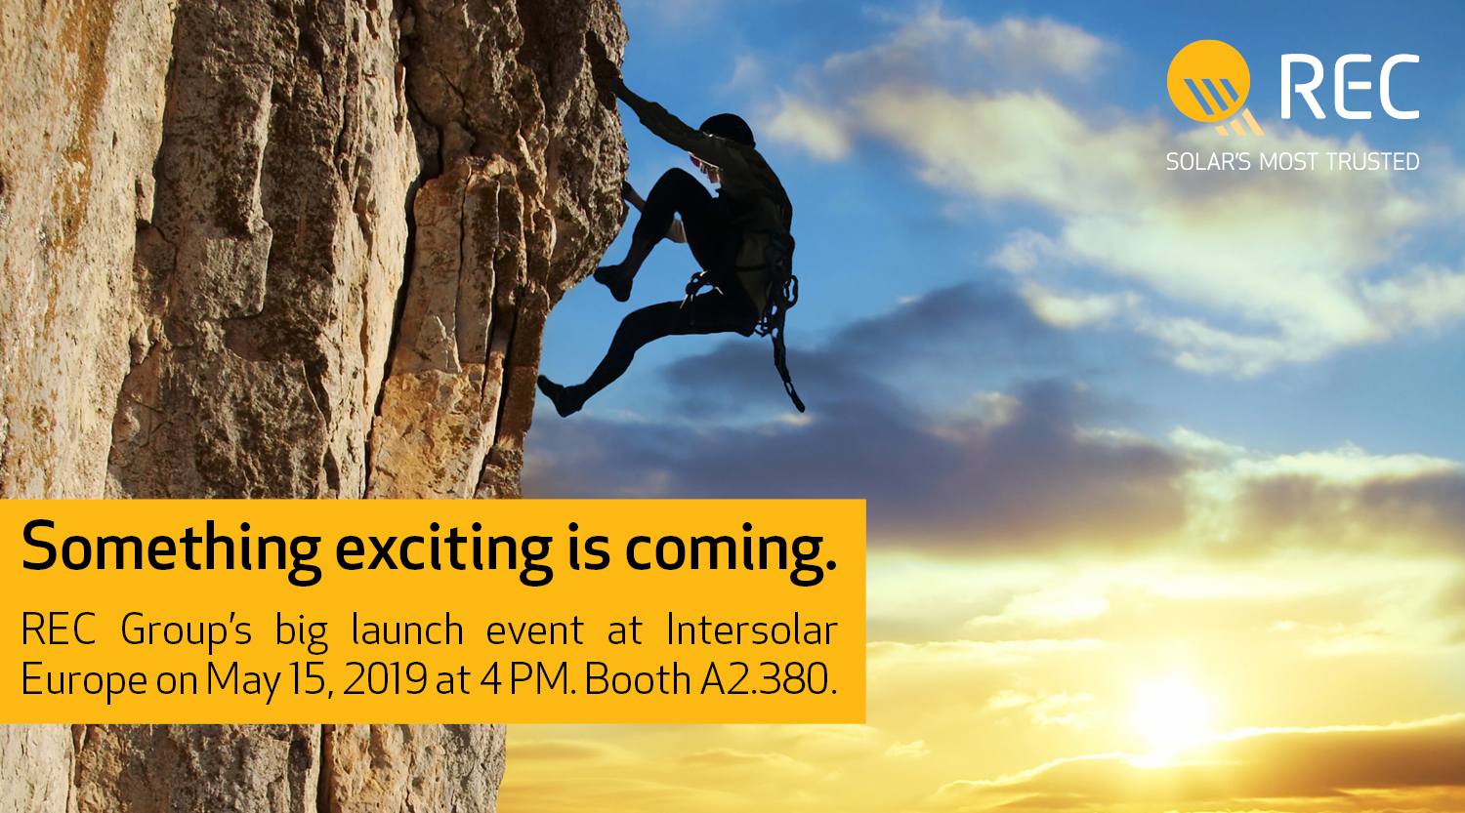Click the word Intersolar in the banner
(x=752, y=630)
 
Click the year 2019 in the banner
(x=385, y=679)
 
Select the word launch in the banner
(x=407, y=630)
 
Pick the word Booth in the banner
(x=637, y=679)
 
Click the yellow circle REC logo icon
(x=1209, y=81)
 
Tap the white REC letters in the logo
(x=1350, y=87)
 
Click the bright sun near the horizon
(x=1171, y=714)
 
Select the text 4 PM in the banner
(x=525, y=679)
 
